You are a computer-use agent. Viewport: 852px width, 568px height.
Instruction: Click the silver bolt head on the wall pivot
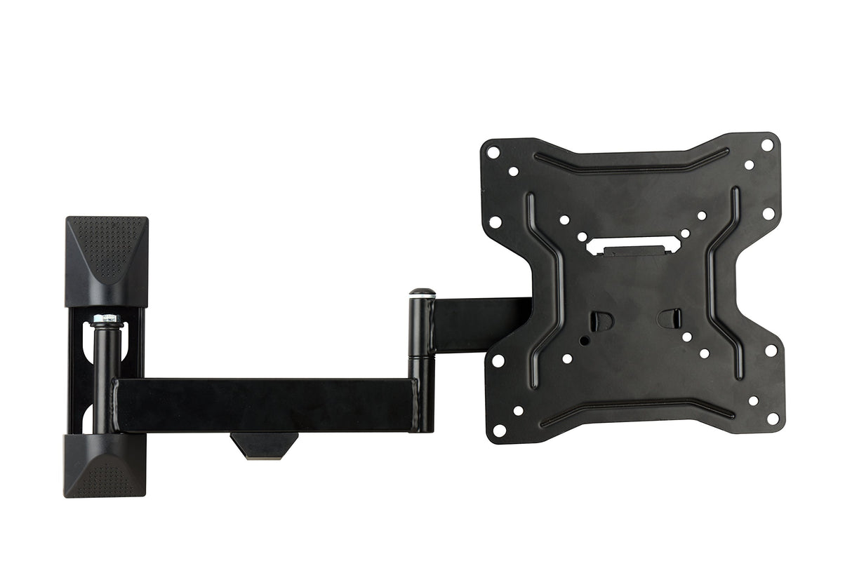coord(106,320)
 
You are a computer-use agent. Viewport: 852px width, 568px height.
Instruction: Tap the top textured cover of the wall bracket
coord(107,259)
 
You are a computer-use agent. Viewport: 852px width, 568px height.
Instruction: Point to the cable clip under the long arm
coord(264,445)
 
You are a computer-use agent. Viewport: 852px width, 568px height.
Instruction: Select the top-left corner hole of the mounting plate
coord(494,151)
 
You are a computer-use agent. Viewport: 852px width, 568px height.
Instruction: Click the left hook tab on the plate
coord(601,320)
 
